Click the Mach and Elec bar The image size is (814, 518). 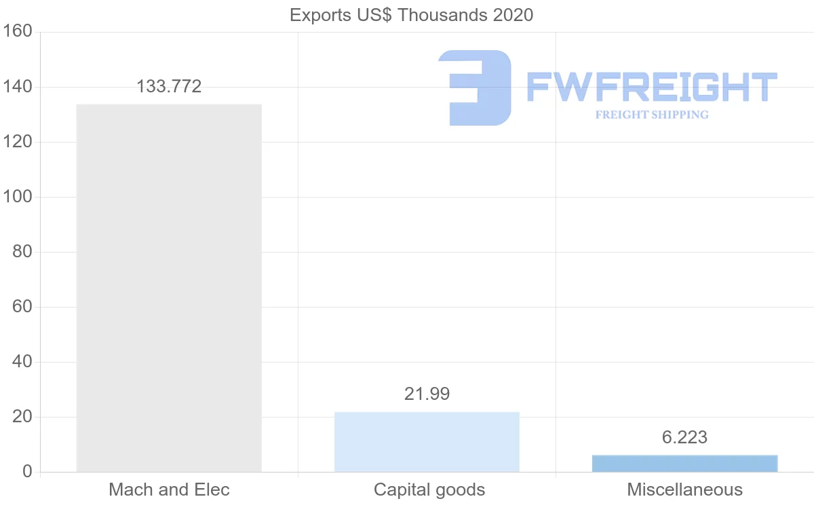point(169,288)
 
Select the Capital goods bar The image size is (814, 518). point(427,441)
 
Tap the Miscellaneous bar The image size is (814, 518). point(684,463)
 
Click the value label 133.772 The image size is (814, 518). point(169,86)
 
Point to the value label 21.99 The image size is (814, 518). point(427,394)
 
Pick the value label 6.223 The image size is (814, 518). point(684,438)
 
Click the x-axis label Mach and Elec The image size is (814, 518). point(169,489)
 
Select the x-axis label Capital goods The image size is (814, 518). point(429,489)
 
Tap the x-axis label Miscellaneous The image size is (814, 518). point(684,489)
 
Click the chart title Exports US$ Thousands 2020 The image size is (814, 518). point(411,15)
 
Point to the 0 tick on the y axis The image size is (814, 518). point(27,472)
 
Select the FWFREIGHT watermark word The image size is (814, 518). point(652,87)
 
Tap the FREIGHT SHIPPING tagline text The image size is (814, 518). point(652,115)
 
